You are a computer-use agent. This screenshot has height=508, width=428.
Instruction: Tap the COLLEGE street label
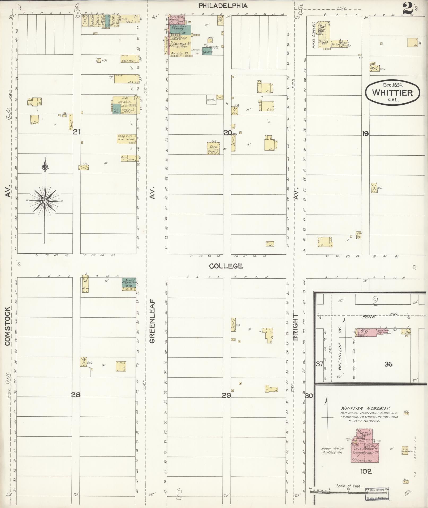226,266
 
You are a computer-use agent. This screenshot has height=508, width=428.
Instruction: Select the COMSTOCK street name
7,326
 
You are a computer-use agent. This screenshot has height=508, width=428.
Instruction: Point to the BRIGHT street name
295,327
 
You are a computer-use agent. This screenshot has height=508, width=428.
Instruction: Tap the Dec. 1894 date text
393,85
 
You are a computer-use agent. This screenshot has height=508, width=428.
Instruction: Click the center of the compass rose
45,201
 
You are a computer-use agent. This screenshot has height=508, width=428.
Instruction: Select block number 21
77,132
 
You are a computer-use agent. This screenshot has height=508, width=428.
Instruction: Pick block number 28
76,395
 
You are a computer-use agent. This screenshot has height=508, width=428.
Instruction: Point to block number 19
365,134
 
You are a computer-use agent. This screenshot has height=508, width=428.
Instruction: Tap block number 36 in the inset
388,364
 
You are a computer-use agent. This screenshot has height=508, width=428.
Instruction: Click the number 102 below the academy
366,471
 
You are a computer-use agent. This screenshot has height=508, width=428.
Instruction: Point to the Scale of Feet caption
349,486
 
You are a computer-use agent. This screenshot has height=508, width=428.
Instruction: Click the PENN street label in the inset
367,317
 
